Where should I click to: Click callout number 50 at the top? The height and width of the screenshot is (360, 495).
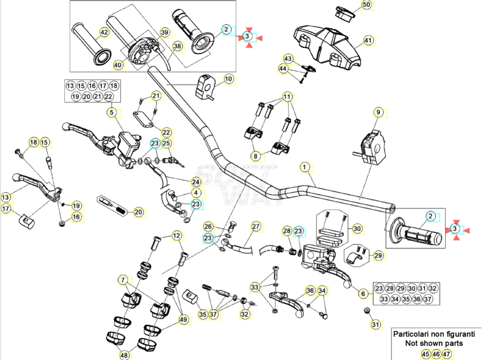(366, 5)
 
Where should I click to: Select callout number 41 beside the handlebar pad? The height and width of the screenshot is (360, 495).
(369, 41)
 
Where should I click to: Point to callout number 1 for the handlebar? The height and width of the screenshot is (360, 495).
(305, 168)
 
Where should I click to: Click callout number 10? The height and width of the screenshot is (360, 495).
(228, 79)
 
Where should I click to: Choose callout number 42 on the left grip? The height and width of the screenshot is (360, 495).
(104, 32)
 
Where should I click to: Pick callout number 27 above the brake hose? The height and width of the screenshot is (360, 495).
(256, 227)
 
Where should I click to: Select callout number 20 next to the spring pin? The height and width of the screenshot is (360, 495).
(139, 212)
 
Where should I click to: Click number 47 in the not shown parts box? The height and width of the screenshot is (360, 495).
(446, 354)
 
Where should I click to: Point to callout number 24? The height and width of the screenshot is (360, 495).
(196, 182)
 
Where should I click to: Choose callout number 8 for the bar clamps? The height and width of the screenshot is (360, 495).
(256, 156)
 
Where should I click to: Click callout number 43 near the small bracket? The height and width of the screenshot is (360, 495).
(288, 58)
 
